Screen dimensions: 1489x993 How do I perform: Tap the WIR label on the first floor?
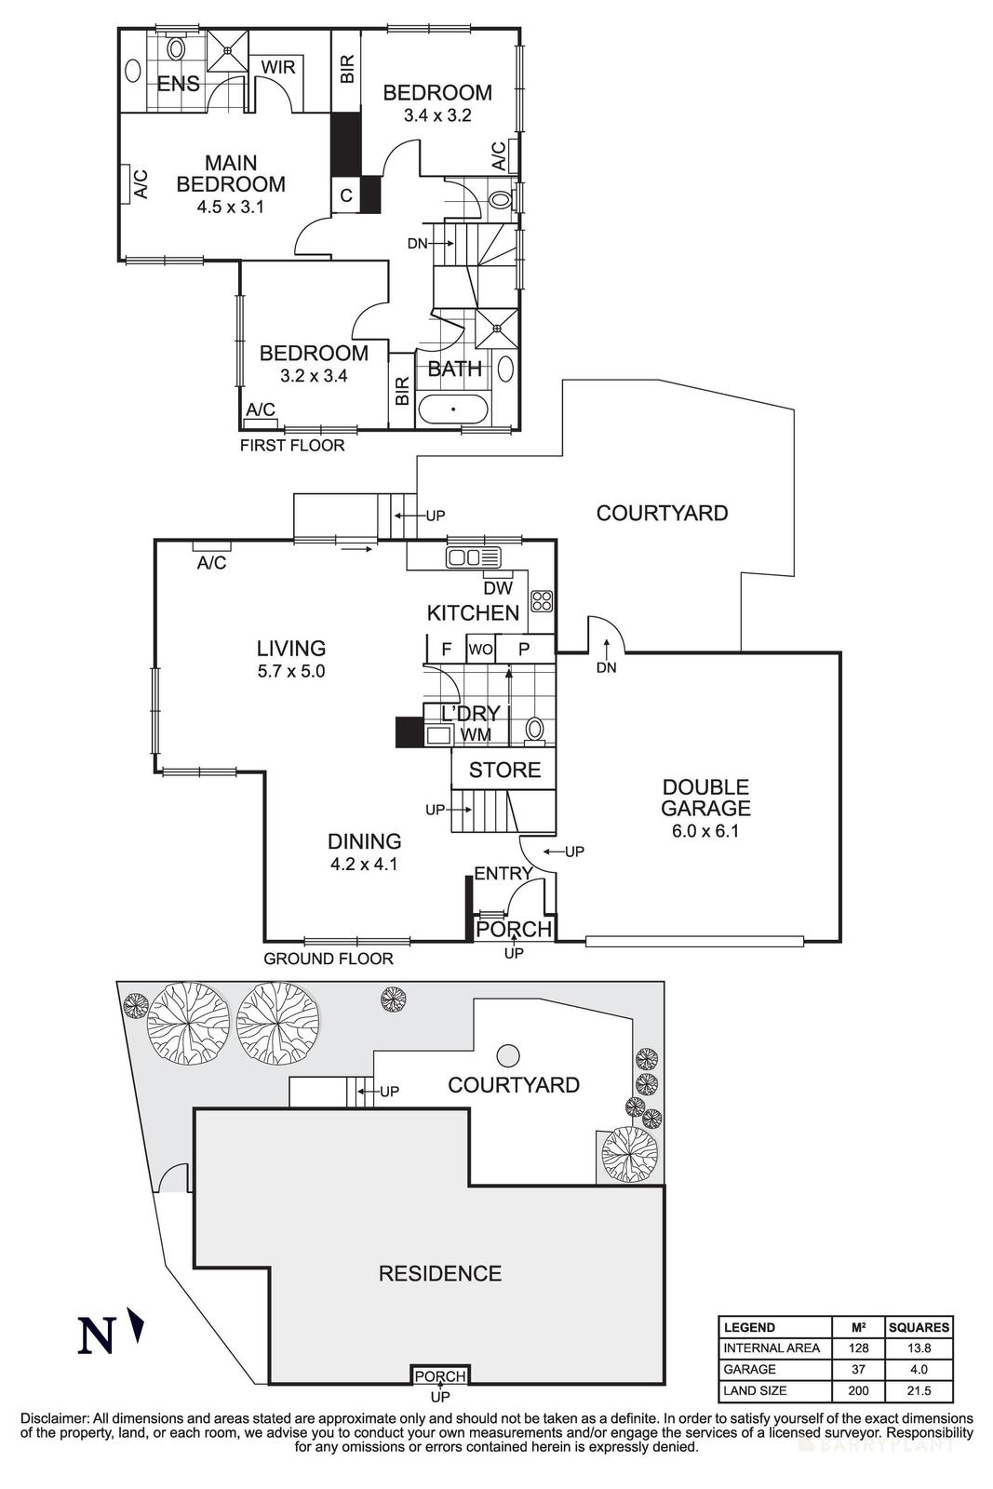pos(277,68)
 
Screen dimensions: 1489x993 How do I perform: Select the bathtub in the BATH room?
pos(452,409)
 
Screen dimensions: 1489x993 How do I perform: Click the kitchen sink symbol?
pos(474,557)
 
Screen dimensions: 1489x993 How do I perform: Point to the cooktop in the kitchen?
pos(542,600)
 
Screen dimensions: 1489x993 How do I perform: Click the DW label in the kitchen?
pos(498,588)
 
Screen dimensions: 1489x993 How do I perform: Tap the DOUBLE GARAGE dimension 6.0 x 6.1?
pos(704,831)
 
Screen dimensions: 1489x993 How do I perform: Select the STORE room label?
pos(504,770)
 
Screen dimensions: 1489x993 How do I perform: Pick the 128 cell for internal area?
pos(859,1348)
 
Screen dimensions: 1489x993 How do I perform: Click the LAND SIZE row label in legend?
pos(755,1390)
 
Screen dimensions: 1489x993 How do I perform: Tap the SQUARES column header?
pos(919,1327)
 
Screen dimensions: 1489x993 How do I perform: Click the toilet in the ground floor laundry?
pos(534,729)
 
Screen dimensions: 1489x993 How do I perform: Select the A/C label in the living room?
pos(211,563)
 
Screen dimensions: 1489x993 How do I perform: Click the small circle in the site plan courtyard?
pos(508,1054)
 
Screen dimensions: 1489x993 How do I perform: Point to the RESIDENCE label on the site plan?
pos(439,1273)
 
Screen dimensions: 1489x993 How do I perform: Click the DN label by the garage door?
pos(606,667)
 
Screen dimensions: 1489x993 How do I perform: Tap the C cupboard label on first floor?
pos(345,195)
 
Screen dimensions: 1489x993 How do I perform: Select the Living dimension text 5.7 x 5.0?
pos(291,671)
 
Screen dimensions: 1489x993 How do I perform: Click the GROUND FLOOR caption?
pos(328,959)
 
